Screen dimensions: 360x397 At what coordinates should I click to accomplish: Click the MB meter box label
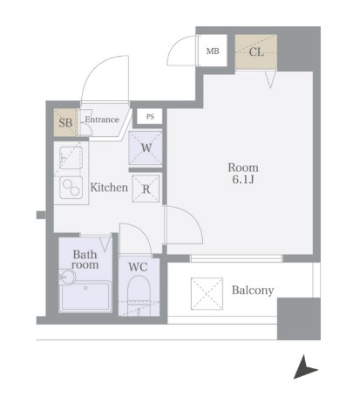click(213, 51)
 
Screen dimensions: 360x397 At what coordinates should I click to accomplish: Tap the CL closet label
click(256, 52)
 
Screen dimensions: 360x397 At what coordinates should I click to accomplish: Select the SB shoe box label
click(65, 122)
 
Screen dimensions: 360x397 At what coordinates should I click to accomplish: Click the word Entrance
click(102, 120)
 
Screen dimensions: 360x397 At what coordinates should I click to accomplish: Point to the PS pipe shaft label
click(150, 117)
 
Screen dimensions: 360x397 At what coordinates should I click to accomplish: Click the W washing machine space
click(146, 148)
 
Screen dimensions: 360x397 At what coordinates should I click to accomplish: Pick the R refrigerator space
click(146, 188)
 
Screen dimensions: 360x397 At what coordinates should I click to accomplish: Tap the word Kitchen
click(109, 188)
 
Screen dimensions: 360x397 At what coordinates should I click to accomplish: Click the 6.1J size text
click(243, 180)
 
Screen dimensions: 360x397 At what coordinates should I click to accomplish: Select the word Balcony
click(253, 291)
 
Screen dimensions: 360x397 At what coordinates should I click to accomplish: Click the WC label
click(138, 267)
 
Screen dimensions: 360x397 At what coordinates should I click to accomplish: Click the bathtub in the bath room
click(85, 296)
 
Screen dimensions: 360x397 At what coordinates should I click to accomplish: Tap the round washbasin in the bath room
click(67, 277)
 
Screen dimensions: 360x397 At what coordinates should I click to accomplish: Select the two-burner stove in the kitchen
click(71, 188)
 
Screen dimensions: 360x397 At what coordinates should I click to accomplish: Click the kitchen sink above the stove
click(71, 157)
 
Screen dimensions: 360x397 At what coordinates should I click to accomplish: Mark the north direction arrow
click(305, 367)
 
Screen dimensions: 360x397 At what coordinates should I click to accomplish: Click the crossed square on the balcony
click(207, 293)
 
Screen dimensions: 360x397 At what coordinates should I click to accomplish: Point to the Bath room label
click(85, 259)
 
